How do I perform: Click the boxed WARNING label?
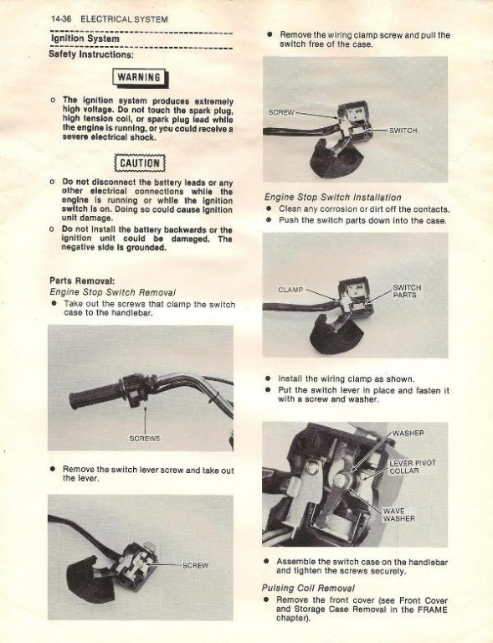pos(139,78)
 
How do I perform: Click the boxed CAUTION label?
pos(140,163)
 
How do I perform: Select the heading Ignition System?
pos(85,39)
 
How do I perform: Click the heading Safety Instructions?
pos(91,54)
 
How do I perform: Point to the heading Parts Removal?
pos(82,281)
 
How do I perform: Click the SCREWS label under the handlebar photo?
pos(145,439)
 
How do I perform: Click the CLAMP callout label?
pos(290,290)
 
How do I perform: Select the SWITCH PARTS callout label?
pos(407,291)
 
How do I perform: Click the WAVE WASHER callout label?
pos(398,515)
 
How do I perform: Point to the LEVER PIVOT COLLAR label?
pos(413,467)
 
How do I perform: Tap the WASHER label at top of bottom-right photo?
pos(408,434)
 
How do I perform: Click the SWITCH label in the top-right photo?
pos(403,131)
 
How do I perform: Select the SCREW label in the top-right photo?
pos(281,112)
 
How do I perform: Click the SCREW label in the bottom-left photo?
pos(195,565)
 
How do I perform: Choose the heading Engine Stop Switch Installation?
pos(333,198)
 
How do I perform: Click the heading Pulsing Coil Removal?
pos(308,588)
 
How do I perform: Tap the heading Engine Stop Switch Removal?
pos(112,292)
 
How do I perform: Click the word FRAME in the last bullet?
pos(432,610)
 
